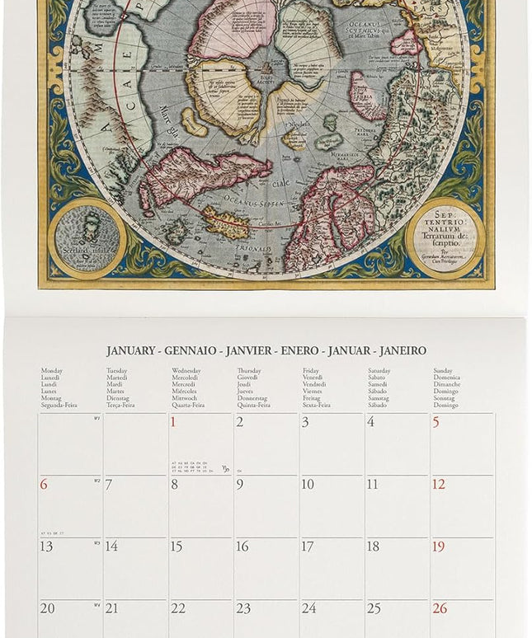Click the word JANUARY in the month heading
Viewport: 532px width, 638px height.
point(130,351)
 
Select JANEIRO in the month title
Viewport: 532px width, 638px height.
point(403,351)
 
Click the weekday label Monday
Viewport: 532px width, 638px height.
point(52,371)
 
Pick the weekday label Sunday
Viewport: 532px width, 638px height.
point(443,371)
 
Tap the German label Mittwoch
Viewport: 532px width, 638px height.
point(185,398)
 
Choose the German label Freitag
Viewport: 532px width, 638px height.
point(313,398)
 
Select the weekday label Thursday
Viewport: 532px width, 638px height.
point(249,371)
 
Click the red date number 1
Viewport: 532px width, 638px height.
point(173,423)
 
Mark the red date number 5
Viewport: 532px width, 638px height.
point(436,423)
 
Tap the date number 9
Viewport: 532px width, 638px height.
point(240,485)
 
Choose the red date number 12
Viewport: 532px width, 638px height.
point(439,485)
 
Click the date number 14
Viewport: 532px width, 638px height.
point(111,547)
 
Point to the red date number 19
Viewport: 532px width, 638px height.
point(439,547)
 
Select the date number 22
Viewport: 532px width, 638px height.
point(178,608)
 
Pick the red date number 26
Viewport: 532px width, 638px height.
point(440,608)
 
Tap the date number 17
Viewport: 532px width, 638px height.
point(308,547)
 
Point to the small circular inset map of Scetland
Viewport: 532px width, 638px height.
point(87,238)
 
